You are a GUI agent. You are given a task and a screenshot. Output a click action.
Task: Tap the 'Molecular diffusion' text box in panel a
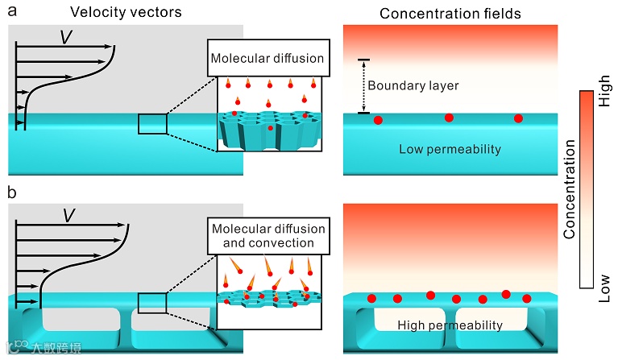click(x=267, y=57)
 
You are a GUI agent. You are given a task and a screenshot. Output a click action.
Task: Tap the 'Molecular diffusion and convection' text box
click(x=267, y=235)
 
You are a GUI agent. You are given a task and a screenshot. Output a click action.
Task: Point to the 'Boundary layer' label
click(x=413, y=85)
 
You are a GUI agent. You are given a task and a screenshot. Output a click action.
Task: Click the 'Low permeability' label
click(x=450, y=149)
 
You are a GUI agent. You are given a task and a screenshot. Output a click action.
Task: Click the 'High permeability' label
click(x=450, y=325)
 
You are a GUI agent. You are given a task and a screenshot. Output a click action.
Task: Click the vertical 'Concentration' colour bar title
click(x=570, y=188)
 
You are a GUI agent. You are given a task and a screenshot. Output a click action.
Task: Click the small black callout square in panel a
click(x=152, y=124)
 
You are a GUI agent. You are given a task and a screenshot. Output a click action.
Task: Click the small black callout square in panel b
click(x=152, y=302)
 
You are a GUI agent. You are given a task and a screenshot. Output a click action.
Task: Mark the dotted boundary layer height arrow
click(x=363, y=86)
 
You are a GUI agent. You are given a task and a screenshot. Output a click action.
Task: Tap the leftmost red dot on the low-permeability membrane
click(x=379, y=120)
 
